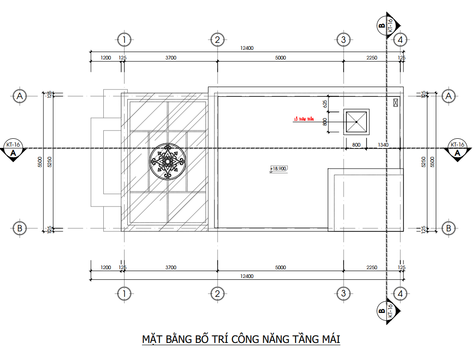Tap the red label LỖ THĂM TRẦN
[303, 119]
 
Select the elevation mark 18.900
[279, 169]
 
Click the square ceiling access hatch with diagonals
[356, 122]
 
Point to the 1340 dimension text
[383, 145]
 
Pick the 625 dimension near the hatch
[325, 104]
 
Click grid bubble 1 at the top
[124, 40]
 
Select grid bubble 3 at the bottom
[343, 293]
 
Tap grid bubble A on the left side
[19, 96]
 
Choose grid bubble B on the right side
[448, 228]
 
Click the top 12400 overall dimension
[247, 48]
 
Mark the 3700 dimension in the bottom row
[171, 267]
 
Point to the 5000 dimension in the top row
[280, 58]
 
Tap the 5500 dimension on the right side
[432, 161]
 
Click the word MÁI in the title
[329, 340]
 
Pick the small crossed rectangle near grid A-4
[395, 102]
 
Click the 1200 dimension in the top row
[106, 58]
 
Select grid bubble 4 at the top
[400, 40]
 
